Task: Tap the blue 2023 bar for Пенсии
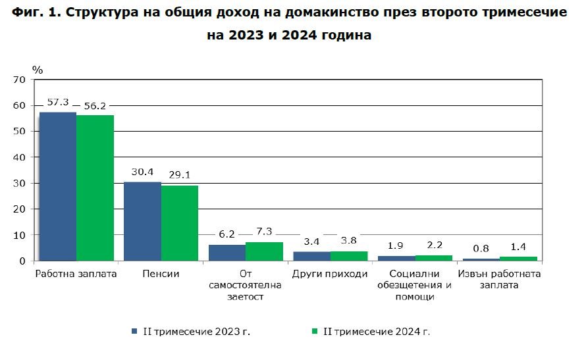(142, 221)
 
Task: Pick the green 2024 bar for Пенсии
(179, 223)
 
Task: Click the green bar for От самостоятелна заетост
(264, 251)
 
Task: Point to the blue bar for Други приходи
(311, 256)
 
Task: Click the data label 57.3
(58, 103)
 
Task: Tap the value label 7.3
(264, 232)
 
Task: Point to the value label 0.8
(481, 249)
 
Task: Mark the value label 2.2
(433, 245)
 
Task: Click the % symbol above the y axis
(38, 69)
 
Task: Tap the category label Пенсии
(161, 274)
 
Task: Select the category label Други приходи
(329, 274)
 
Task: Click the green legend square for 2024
(315, 331)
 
